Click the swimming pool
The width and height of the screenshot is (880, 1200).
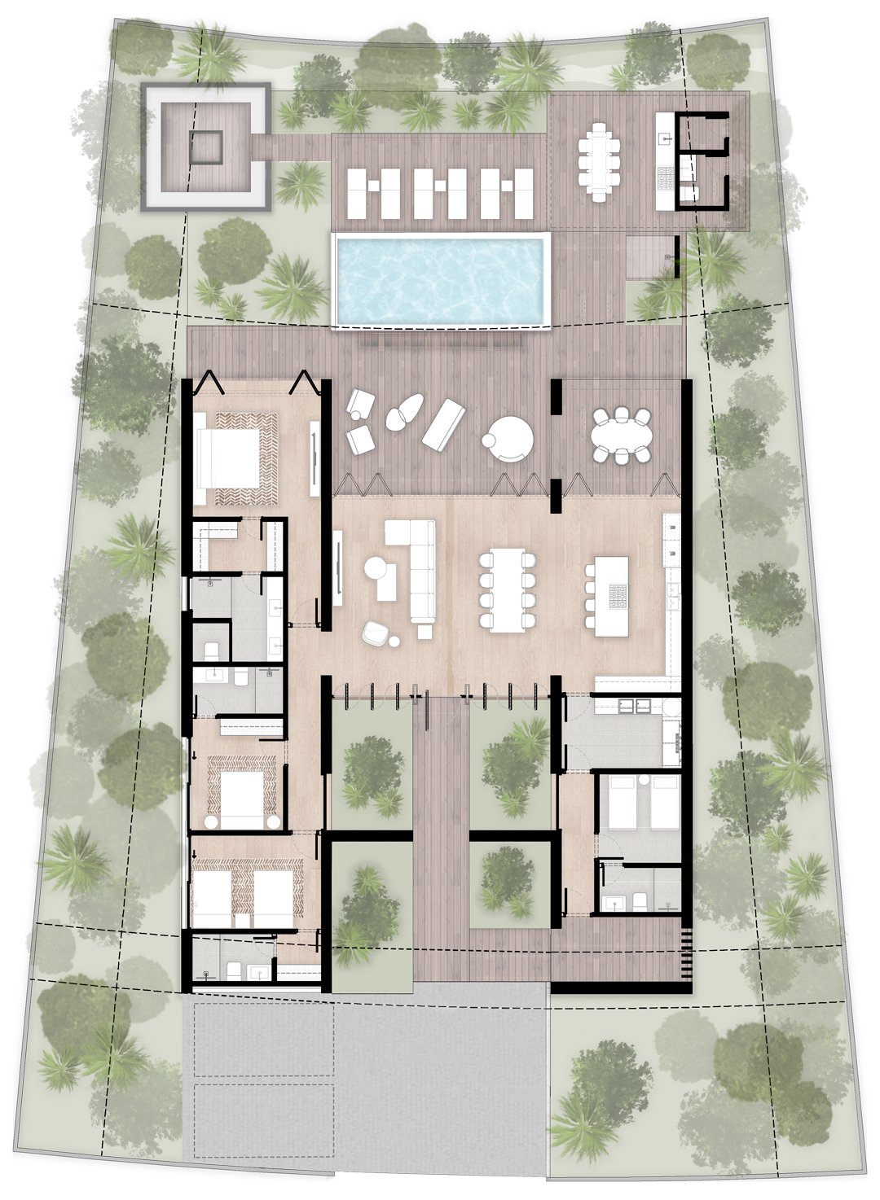(x=440, y=279)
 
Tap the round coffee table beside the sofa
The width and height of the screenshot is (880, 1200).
(x=378, y=568)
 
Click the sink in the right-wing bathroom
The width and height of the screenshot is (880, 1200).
(x=614, y=901)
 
